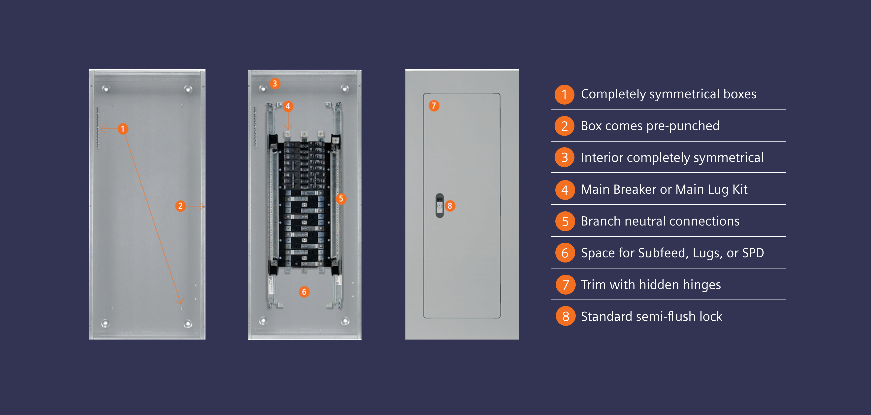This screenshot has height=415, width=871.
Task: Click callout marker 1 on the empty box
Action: pyautogui.click(x=123, y=129)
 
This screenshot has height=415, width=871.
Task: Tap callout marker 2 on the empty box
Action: pyautogui.click(x=180, y=206)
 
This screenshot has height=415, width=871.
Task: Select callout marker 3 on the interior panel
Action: pyautogui.click(x=274, y=83)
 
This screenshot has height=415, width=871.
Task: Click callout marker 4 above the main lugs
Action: pyautogui.click(x=288, y=106)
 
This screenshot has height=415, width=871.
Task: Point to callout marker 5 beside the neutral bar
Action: pyautogui.click(x=341, y=199)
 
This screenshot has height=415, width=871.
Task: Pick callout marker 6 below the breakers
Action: pyautogui.click(x=304, y=292)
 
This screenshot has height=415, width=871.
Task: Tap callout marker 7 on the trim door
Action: pyautogui.click(x=434, y=106)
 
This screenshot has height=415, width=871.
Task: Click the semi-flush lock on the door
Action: pyautogui.click(x=439, y=205)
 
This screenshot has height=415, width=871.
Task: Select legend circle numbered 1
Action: pyautogui.click(x=564, y=94)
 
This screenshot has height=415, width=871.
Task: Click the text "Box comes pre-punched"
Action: pyautogui.click(x=650, y=126)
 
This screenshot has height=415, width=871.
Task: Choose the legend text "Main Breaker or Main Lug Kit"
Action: pyautogui.click(x=664, y=189)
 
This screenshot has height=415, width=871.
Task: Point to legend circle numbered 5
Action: pyautogui.click(x=565, y=221)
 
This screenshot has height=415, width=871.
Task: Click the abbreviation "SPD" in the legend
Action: pyautogui.click(x=753, y=253)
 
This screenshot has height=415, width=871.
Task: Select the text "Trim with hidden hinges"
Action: pyautogui.click(x=651, y=285)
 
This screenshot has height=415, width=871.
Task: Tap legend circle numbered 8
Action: pyautogui.click(x=565, y=316)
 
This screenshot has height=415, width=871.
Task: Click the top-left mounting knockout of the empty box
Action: pyautogui.click(x=106, y=89)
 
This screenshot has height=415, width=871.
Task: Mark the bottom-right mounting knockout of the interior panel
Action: pyautogui.click(x=345, y=321)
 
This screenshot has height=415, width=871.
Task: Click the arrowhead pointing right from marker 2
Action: pyautogui.click(x=202, y=206)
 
